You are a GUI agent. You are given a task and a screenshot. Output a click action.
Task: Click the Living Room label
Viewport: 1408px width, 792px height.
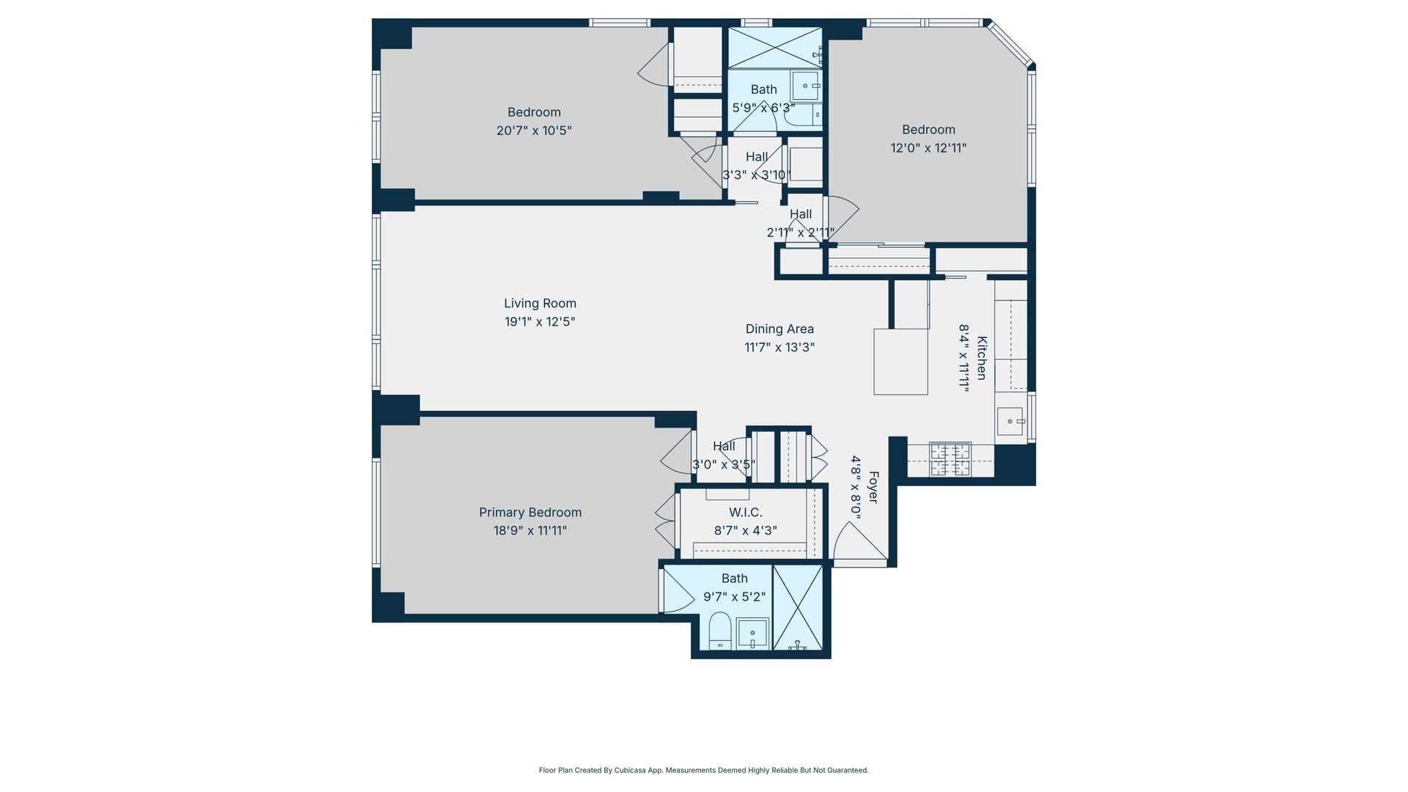[x=540, y=304]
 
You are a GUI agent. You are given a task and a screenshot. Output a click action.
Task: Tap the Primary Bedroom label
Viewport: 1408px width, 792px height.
[x=530, y=513]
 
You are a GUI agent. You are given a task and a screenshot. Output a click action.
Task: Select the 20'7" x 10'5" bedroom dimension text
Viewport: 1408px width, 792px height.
[x=534, y=131]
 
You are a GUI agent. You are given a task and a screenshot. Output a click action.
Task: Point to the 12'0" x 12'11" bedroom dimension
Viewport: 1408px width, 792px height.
[x=928, y=148]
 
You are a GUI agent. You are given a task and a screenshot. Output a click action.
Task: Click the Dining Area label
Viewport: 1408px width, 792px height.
[x=780, y=329]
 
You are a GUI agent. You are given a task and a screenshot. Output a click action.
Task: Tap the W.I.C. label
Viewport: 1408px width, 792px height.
[x=746, y=513]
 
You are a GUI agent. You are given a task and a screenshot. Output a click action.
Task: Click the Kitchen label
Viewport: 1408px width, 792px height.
[x=982, y=358]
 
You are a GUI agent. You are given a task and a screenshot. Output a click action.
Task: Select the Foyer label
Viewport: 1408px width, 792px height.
[x=873, y=487]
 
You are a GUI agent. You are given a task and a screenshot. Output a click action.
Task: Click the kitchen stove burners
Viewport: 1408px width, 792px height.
[x=950, y=460]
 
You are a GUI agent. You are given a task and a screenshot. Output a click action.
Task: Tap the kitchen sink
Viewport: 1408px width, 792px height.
[x=1010, y=422]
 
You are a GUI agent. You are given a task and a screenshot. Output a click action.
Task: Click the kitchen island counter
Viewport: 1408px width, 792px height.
[x=901, y=362]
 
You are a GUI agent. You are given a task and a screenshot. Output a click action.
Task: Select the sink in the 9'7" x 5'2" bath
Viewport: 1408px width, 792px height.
[x=752, y=634]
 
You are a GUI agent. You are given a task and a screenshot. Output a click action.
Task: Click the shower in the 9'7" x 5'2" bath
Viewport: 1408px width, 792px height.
[x=798, y=608]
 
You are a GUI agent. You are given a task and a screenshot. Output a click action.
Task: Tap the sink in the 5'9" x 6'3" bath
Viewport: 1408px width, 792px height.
[x=805, y=86]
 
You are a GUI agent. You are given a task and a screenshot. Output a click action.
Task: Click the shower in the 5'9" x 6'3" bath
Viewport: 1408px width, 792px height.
[x=774, y=48]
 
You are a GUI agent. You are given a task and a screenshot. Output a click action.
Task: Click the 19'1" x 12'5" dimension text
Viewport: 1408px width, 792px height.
[x=540, y=322]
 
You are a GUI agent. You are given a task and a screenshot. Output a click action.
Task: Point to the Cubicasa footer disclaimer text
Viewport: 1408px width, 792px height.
[x=704, y=771]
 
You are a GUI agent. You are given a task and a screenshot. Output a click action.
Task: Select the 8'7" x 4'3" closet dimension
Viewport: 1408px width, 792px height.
[x=746, y=531]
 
